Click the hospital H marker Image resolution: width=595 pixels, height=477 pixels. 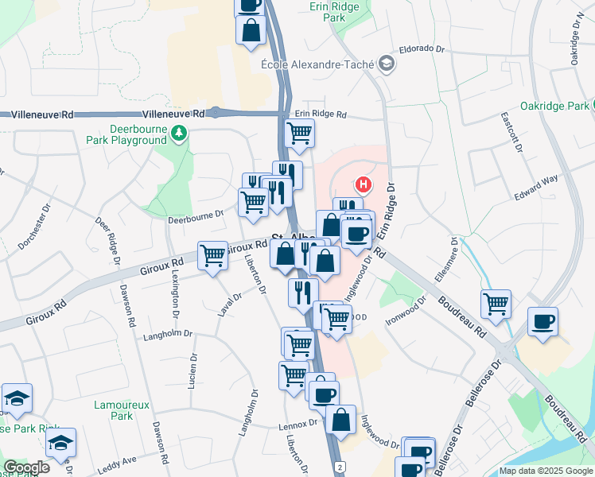click(363, 185)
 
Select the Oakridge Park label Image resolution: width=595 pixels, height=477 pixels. click(554, 106)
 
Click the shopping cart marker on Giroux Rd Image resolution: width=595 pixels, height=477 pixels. click(212, 256)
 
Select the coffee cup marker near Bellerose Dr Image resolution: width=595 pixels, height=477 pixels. click(542, 321)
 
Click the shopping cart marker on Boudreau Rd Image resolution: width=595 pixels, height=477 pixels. click(496, 303)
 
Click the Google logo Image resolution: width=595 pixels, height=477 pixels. click(26, 467)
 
